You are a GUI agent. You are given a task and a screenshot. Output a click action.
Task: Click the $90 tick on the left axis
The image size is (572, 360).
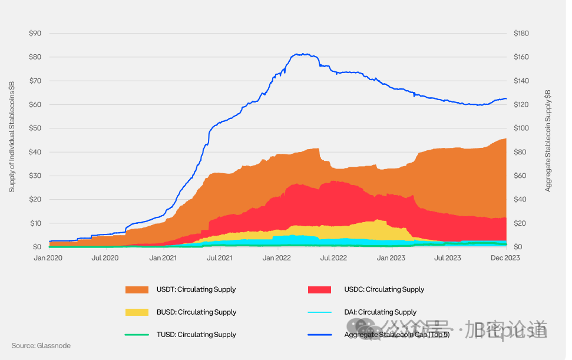point(35,33)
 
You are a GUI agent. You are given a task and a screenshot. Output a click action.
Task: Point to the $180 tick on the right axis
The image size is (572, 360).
point(521,33)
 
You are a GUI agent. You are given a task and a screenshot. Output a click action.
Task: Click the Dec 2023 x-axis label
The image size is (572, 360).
point(506,257)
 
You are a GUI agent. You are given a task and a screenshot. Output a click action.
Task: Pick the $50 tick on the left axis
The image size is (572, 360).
point(35,128)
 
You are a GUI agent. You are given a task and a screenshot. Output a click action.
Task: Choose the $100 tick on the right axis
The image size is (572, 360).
point(521,128)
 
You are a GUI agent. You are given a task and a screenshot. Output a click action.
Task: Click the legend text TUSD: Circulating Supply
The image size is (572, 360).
point(197,335)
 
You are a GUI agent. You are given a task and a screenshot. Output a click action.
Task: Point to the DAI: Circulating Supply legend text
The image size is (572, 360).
point(380,312)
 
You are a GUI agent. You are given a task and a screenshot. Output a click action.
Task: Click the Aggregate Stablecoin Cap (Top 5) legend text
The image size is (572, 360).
point(396,335)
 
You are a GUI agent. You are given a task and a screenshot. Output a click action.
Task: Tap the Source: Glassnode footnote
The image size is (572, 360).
point(41,346)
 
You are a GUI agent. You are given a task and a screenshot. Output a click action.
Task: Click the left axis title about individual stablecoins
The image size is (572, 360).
point(12,137)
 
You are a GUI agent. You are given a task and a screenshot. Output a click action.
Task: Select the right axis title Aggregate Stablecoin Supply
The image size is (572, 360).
point(548,141)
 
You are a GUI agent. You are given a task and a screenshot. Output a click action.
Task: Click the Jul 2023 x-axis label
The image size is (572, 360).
point(448,257)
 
